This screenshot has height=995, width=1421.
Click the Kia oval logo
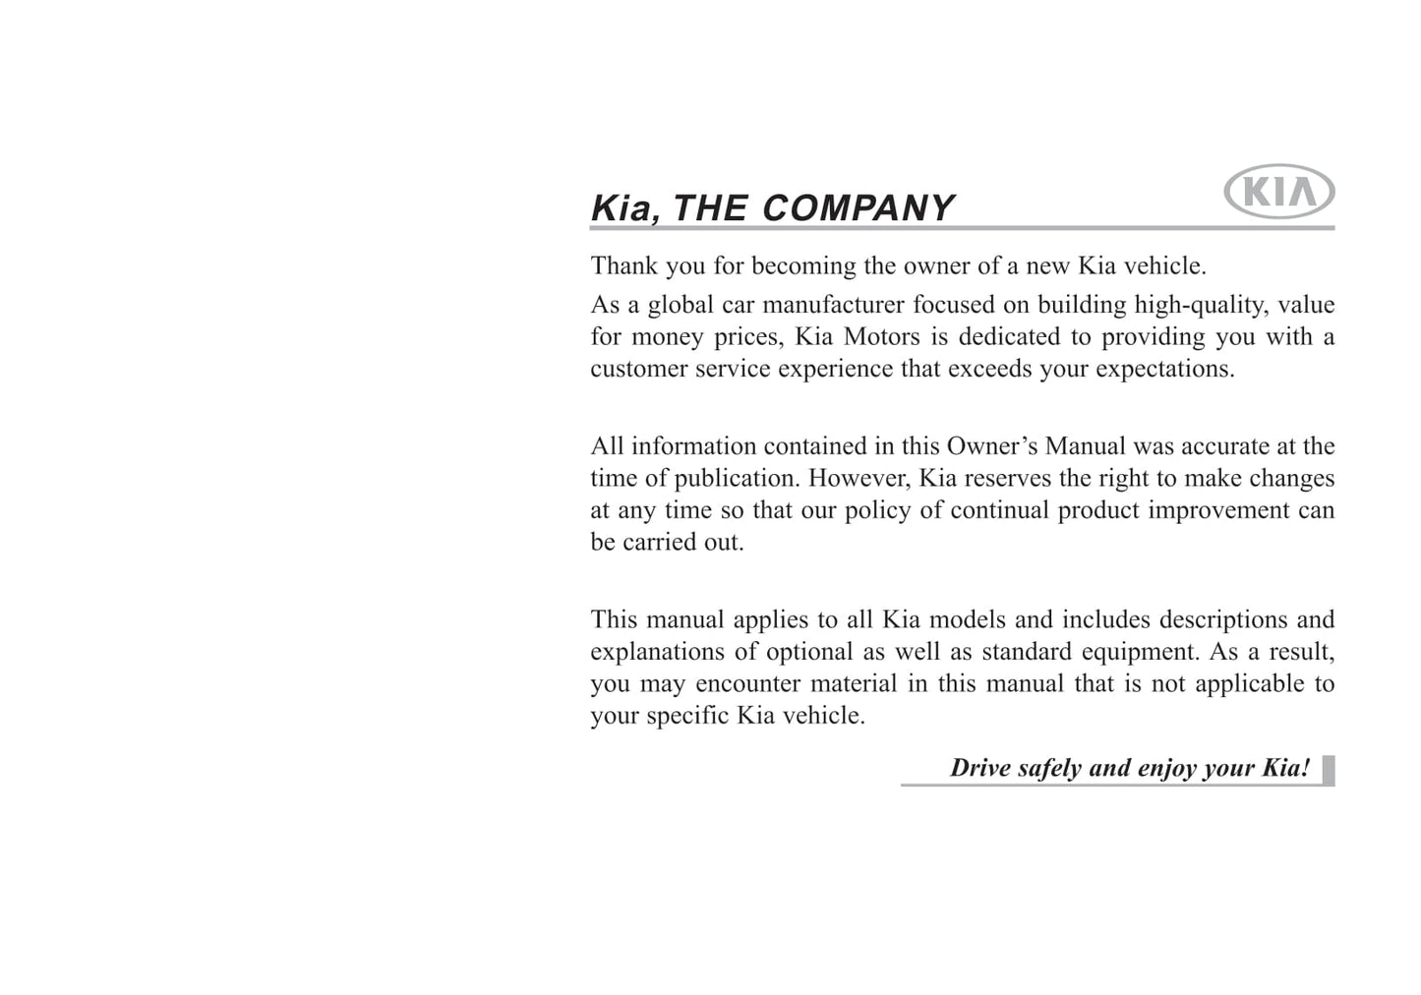(1278, 191)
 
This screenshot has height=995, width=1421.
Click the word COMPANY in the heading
(858, 208)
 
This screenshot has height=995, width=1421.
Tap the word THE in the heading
(711, 208)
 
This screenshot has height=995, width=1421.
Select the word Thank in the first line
(624, 266)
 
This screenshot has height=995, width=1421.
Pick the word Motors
(882, 337)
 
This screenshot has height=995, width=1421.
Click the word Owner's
(991, 446)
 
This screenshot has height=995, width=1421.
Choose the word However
(859, 479)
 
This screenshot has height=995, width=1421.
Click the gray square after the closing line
(1328, 770)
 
